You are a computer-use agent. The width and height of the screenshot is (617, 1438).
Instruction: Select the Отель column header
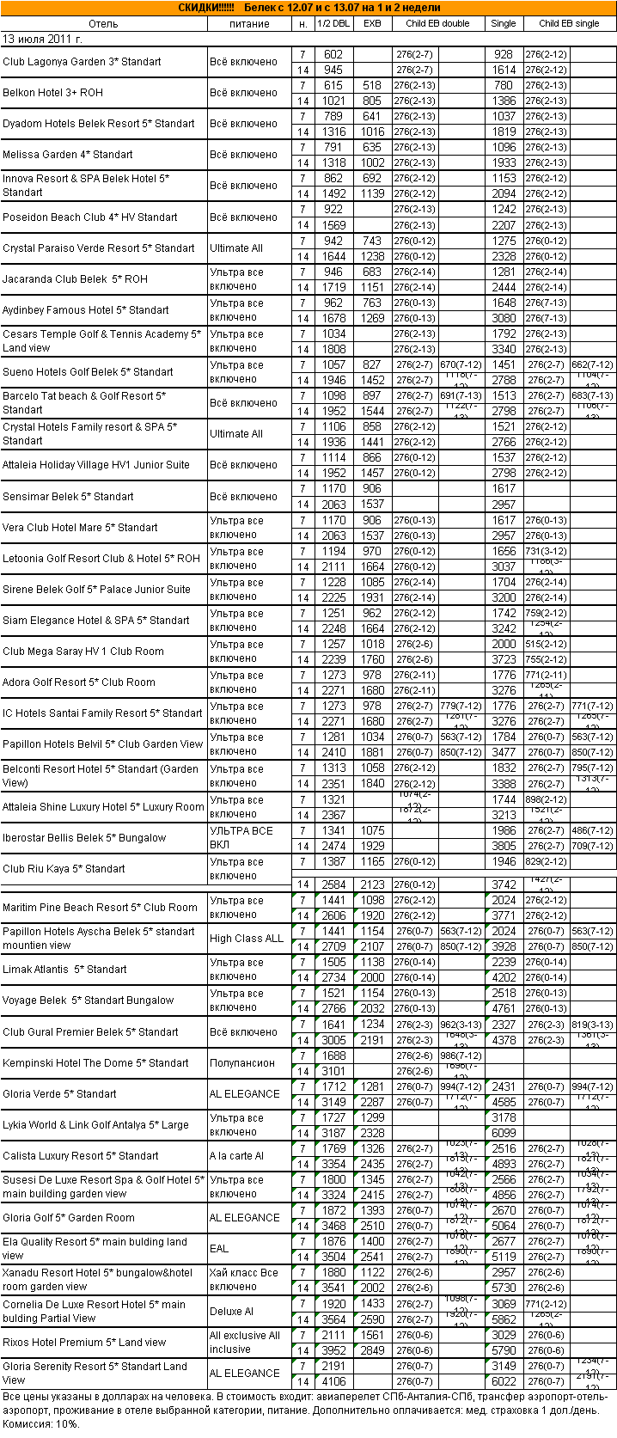click(103, 23)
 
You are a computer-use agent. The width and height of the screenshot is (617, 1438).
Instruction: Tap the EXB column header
click(372, 23)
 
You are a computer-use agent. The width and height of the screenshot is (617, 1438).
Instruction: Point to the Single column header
click(504, 23)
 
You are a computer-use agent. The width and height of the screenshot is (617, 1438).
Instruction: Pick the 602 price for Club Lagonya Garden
click(333, 54)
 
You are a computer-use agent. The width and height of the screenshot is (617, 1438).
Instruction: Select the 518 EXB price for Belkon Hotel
click(372, 85)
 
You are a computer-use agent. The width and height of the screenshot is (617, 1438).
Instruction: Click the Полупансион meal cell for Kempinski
click(242, 1063)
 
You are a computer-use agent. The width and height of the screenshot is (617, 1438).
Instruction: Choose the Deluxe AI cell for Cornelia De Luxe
click(232, 1312)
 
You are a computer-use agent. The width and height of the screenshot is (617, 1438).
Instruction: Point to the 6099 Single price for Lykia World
click(504, 1133)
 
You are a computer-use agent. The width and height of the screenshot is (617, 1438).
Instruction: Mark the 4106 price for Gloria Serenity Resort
click(333, 1381)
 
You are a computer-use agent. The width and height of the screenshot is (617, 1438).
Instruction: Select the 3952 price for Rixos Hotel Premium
click(333, 1350)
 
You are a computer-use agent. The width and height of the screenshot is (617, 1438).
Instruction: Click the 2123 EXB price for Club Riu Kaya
click(372, 884)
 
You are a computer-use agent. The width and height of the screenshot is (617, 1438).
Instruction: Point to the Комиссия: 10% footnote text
click(40, 1423)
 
